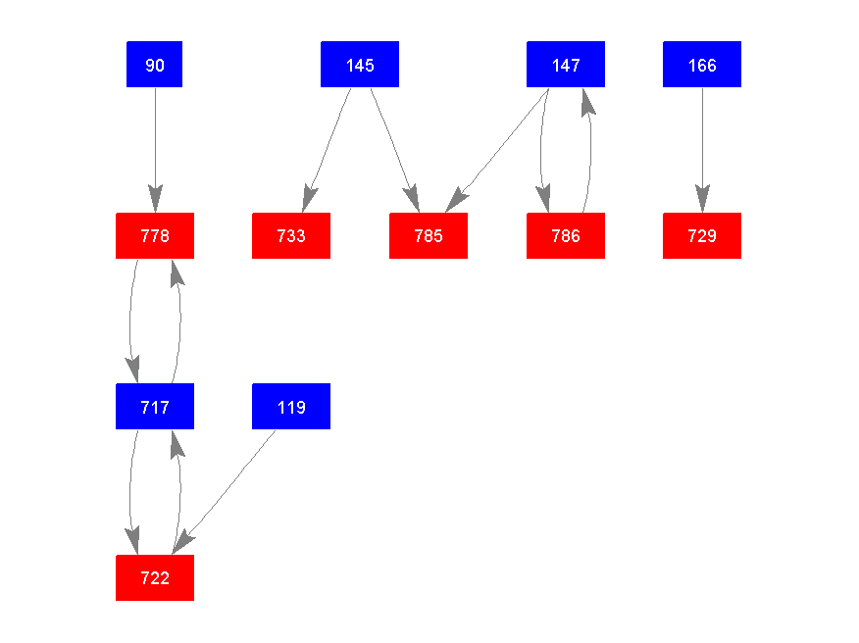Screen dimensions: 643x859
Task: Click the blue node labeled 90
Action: (154, 65)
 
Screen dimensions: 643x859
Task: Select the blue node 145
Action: (360, 65)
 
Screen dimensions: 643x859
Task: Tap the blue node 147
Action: (565, 65)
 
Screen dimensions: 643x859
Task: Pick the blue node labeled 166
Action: (702, 65)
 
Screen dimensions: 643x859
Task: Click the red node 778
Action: (154, 236)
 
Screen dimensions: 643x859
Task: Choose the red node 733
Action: (291, 236)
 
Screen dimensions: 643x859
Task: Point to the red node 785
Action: (429, 236)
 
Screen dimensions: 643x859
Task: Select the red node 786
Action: (565, 236)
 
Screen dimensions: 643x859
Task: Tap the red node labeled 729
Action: (702, 236)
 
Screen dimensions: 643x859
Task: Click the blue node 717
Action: (154, 407)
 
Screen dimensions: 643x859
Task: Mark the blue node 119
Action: (291, 407)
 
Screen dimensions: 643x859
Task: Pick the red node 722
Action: (154, 578)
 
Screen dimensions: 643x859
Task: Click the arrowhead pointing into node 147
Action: (586, 101)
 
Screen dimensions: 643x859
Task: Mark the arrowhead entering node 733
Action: (309, 199)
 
